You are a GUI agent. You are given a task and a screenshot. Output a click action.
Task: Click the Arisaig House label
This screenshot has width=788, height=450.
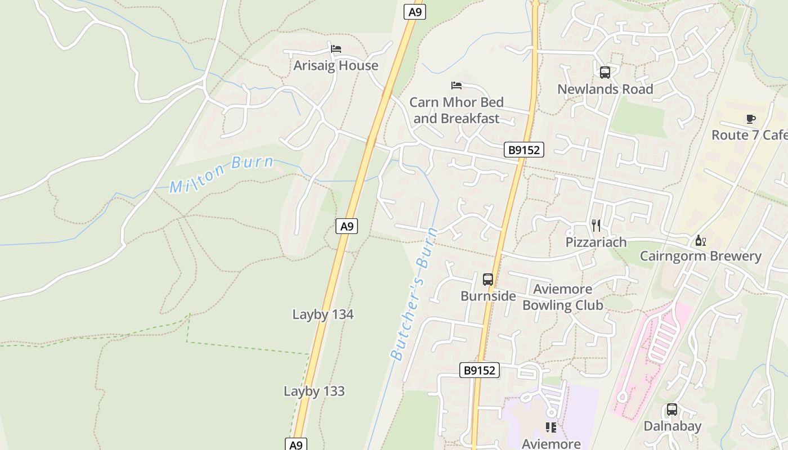click(335, 66)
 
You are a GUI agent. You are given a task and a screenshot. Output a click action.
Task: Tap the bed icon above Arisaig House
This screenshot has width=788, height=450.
click(336, 49)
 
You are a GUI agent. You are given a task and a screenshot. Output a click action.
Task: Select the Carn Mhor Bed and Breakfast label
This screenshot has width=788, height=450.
click(456, 110)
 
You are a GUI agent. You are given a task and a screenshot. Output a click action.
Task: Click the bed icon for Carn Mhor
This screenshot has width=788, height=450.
click(456, 85)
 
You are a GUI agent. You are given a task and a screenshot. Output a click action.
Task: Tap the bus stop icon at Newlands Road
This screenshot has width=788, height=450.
click(605, 73)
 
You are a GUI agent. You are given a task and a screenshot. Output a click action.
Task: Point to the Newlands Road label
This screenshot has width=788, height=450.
click(605, 89)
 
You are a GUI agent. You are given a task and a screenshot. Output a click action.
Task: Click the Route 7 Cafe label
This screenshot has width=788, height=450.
click(749, 135)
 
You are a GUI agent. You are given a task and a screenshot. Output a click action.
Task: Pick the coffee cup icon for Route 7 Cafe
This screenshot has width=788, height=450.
click(750, 119)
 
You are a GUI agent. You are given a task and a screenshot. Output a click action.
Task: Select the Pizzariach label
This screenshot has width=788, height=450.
click(596, 242)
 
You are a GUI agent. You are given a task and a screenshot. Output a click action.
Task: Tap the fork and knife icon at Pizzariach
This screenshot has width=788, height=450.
click(596, 226)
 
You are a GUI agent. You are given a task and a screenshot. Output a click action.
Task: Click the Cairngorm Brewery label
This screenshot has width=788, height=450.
click(700, 256)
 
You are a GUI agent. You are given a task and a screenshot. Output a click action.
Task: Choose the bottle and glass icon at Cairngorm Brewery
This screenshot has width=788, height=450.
click(700, 241)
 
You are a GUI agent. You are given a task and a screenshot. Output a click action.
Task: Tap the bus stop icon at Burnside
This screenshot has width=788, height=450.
click(488, 280)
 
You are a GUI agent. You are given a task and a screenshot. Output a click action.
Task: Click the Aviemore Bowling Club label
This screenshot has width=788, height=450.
click(563, 297)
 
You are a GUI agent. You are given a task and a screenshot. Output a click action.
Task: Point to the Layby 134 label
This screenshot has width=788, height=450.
click(323, 314)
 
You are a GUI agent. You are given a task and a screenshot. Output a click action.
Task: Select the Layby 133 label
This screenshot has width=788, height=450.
click(314, 391)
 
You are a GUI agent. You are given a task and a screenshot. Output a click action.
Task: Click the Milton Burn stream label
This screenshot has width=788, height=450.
click(222, 175)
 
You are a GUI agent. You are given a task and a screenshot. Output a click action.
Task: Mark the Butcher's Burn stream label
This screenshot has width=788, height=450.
click(414, 293)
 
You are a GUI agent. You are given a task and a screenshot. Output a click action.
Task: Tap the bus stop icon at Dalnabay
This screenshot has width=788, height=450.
click(672, 409)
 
